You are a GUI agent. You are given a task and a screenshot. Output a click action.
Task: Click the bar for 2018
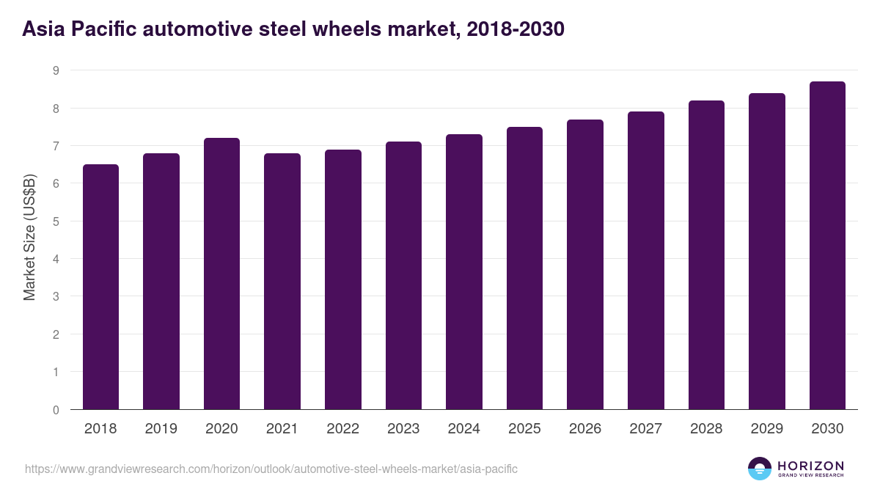click(x=100, y=287)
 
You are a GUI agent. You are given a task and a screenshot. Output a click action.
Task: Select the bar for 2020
click(x=221, y=274)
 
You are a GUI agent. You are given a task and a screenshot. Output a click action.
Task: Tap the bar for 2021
click(x=282, y=281)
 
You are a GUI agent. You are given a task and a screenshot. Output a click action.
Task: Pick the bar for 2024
click(x=464, y=271)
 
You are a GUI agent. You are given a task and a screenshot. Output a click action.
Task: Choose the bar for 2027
click(x=646, y=260)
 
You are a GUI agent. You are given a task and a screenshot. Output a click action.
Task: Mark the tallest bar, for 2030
click(x=827, y=245)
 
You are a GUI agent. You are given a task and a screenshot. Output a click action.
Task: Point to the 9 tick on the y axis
click(x=55, y=70)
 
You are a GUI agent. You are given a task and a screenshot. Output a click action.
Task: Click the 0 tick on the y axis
click(x=55, y=410)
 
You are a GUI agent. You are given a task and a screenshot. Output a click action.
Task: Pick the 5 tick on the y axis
click(x=55, y=221)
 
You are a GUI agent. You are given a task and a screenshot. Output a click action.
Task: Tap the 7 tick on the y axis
click(x=55, y=146)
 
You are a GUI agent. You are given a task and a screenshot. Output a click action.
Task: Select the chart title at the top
click(x=293, y=29)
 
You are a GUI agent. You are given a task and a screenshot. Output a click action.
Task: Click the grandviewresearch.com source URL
click(x=271, y=469)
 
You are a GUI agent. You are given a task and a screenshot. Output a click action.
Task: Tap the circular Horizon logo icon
click(x=759, y=469)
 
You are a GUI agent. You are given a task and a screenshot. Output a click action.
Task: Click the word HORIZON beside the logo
click(x=810, y=465)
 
